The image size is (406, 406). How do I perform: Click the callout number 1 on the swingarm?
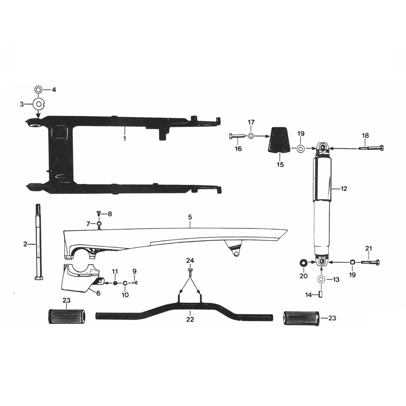(x=125, y=138)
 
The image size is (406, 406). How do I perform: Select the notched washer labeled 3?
(x=39, y=104)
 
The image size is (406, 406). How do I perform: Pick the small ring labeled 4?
(x=38, y=90)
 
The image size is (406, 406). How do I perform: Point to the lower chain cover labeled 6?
(x=78, y=277)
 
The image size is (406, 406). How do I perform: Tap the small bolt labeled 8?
(x=99, y=213)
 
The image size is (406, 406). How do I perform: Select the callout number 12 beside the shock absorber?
(x=344, y=188)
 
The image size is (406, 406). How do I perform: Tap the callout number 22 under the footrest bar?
(x=190, y=319)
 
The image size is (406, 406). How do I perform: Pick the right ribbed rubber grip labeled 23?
(x=299, y=318)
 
